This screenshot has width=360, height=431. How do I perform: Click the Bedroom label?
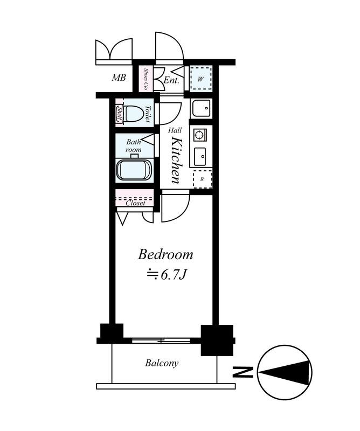(165, 254)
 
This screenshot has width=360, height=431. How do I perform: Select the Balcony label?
(162, 363)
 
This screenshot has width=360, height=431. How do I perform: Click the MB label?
(119, 78)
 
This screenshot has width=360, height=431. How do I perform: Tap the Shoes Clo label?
(146, 79)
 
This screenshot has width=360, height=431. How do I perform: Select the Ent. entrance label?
(171, 80)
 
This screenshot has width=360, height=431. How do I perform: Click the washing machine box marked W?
(202, 78)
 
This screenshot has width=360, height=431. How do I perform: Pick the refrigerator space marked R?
(202, 179)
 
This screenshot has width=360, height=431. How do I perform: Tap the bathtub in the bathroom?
(134, 170)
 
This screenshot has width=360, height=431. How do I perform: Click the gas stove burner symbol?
(199, 134)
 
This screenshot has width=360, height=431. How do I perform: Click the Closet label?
(135, 203)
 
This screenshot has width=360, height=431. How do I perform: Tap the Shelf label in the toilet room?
(120, 114)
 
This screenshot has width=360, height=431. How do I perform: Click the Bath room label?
(134, 145)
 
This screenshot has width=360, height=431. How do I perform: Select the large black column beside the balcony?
(217, 339)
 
